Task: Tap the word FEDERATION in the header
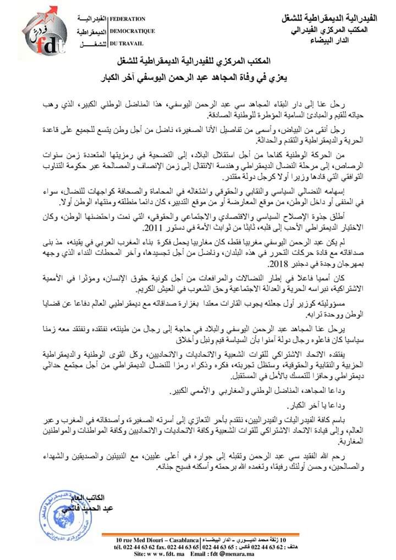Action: click(128, 19)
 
